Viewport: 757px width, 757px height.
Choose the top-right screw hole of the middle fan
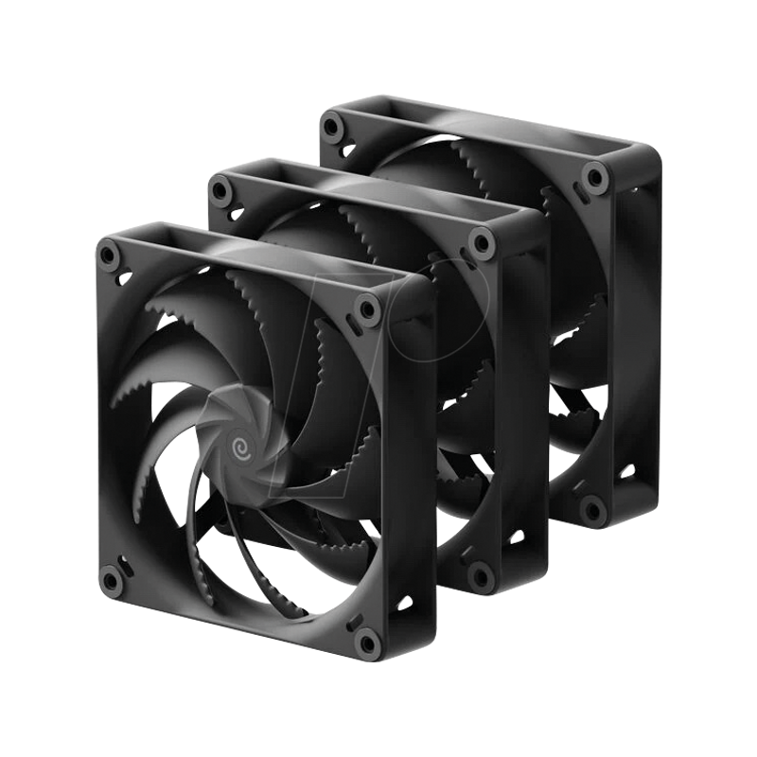[483, 244]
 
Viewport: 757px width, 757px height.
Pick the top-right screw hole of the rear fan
[594, 174]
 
